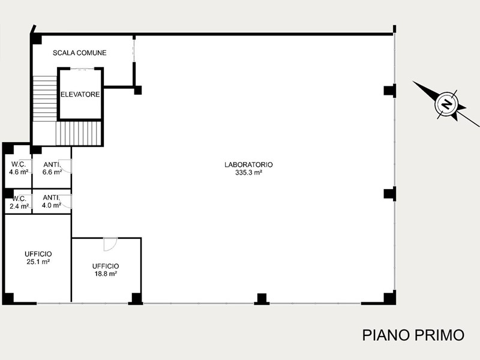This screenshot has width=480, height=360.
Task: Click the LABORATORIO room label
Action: coord(248,164)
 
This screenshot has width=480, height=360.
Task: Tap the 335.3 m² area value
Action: coord(248,173)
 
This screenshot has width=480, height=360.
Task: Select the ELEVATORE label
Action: coord(80,95)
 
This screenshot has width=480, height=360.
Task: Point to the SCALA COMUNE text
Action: coord(80,53)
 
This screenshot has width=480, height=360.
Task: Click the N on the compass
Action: coord(446,104)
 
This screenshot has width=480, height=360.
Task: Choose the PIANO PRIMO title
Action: coord(413,335)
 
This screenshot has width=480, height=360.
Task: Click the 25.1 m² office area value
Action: coord(38,262)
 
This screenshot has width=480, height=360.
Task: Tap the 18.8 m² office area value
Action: coord(106,274)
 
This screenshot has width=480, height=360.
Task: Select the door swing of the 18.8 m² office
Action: coord(110,244)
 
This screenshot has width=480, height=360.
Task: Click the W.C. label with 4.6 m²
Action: coord(19,164)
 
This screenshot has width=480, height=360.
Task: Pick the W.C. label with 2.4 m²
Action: coord(19,199)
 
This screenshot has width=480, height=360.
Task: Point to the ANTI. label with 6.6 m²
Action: coord(51,164)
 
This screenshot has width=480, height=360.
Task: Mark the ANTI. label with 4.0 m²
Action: coord(50,198)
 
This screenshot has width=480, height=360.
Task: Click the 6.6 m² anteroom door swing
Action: coord(65,166)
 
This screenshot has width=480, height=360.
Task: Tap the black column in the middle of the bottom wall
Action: coord(262,299)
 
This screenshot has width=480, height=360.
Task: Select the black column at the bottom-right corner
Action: coord(389,297)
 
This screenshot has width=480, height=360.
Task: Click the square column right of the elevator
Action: coord(138,91)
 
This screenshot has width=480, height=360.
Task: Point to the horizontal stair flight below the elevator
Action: coord(79,134)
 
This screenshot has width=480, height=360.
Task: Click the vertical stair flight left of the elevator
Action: coord(45,98)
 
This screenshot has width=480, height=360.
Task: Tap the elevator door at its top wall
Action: coord(82,69)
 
